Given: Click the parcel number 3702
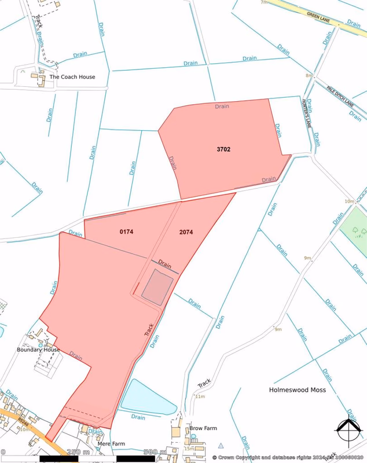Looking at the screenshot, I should click(223, 149).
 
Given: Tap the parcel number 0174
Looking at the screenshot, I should click(127, 232).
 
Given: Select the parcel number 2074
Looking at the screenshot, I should click(186, 232).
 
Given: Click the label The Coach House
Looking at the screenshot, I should click(72, 77).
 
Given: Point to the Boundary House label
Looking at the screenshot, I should click(38, 350).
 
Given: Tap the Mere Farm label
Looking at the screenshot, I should click(111, 444).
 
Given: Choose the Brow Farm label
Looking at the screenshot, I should click(203, 429).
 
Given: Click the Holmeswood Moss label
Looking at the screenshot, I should click(298, 390).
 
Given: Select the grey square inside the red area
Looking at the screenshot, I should click(157, 286).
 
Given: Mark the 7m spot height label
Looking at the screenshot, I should click(264, 2).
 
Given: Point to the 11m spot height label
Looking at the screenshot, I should click(200, 396).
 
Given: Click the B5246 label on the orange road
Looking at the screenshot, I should click(22, 414).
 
